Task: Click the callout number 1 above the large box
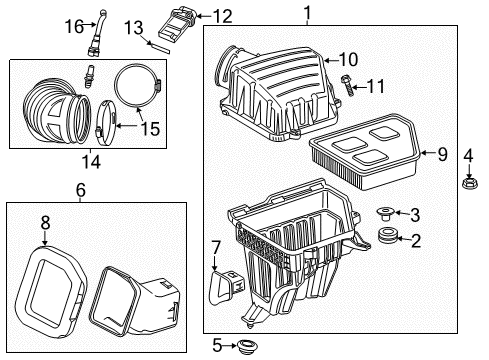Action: pyautogui.click(x=307, y=13)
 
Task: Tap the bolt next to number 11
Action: pyautogui.click(x=346, y=89)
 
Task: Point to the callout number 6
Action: pyautogui.click(x=81, y=188)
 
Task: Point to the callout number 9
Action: pyautogui.click(x=441, y=153)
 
